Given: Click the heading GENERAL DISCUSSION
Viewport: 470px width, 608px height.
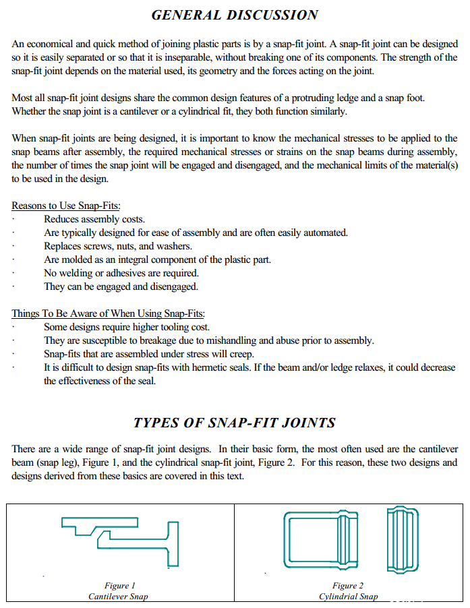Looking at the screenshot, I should point(235,15).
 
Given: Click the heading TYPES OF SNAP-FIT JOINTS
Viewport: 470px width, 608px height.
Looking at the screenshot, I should point(235,423).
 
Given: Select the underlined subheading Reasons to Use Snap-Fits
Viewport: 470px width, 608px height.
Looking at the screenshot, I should point(66,206).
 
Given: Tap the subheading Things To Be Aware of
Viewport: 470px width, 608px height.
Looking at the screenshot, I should point(108,313).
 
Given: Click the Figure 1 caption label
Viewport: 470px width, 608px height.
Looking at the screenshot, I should point(119,586).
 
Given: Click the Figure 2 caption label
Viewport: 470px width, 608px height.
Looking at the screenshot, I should point(348,586).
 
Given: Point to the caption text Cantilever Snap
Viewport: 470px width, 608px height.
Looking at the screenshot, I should point(118,597).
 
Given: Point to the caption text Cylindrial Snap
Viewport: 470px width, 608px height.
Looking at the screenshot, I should point(348,597).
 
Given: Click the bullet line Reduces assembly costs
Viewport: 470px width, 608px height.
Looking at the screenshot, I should point(94,219).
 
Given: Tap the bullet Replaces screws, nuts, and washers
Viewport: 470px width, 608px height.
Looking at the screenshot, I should point(118,246).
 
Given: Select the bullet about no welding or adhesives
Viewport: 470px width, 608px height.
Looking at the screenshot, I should point(121,273).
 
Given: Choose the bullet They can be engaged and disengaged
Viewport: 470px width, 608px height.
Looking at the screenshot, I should point(121,286).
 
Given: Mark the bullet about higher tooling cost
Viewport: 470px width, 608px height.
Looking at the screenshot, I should point(127,327).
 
